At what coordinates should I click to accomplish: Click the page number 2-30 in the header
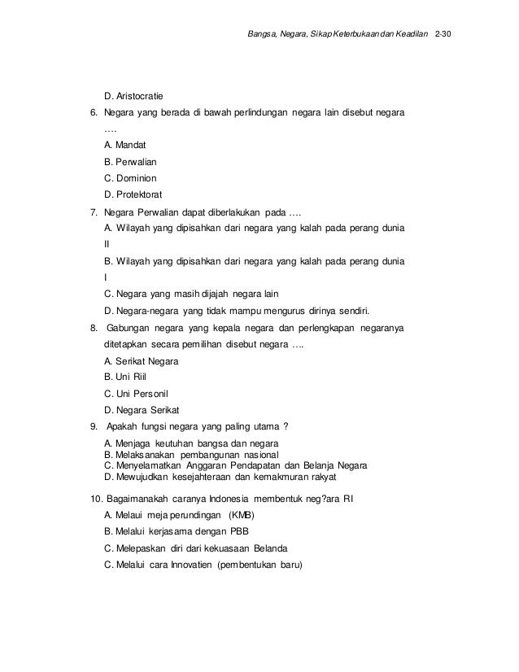tap(447, 37)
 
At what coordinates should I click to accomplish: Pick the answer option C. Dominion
tap(131, 177)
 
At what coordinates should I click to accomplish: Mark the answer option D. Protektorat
tap(134, 194)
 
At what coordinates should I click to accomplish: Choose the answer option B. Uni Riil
tap(124, 377)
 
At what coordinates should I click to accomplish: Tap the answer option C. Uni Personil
tap(136, 393)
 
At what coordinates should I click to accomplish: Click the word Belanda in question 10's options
tap(266, 548)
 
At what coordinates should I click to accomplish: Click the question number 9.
tap(94, 426)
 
